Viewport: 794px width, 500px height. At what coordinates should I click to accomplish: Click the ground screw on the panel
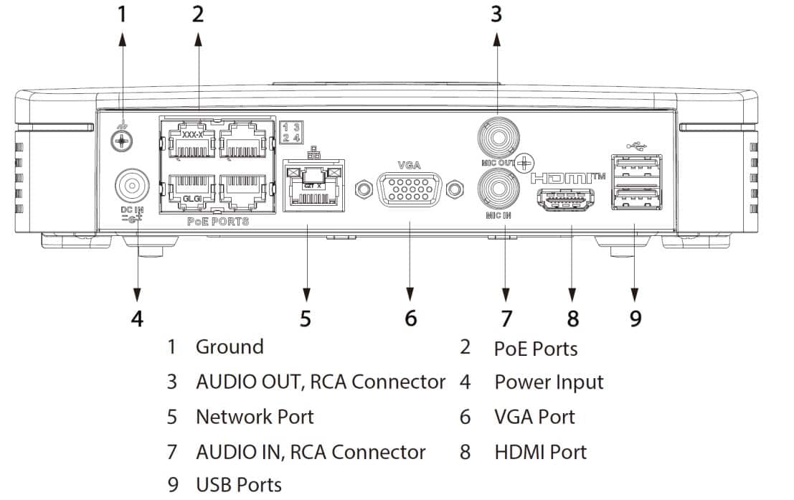122,141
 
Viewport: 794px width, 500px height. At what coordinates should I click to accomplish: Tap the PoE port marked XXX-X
191,142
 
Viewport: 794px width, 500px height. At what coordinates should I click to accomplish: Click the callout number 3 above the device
496,14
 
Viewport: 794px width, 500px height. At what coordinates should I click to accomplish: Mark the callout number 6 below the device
410,318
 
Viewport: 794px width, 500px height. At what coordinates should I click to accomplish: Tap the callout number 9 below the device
635,318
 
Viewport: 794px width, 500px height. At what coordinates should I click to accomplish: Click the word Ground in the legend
230,347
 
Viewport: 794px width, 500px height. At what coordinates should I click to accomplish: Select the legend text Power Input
549,382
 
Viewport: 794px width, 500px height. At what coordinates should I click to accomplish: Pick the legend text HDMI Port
540,453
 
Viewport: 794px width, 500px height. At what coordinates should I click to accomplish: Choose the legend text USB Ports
239,485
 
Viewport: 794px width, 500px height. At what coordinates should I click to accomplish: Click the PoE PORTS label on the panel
218,222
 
